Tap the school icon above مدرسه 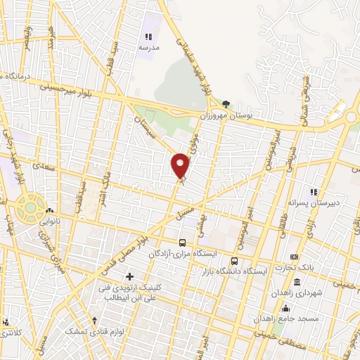[148, 37]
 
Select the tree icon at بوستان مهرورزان [226, 103]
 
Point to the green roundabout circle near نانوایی [30, 206]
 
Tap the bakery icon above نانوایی [49, 210]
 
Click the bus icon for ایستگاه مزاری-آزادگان [182, 243]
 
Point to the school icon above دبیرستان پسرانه [314, 191]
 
